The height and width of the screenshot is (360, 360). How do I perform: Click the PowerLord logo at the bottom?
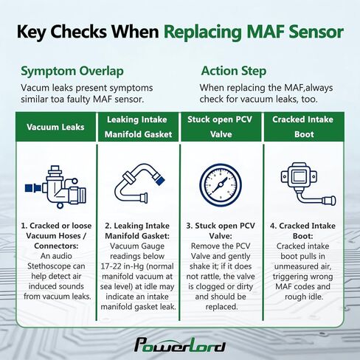pyautogui.click(x=180, y=345)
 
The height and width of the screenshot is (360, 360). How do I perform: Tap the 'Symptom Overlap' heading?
pyautogui.click(x=72, y=72)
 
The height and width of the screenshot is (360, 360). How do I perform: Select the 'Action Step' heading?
pyautogui.click(x=234, y=71)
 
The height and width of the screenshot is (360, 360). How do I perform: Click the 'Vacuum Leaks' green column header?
pyautogui.click(x=55, y=127)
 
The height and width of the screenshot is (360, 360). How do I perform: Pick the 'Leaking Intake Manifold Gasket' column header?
pyautogui.click(x=138, y=127)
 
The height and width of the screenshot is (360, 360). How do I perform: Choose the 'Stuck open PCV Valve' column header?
pyautogui.click(x=221, y=127)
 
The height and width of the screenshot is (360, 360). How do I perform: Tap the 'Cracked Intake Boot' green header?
pyautogui.click(x=304, y=127)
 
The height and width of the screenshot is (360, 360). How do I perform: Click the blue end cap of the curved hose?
pyautogui.click(x=159, y=179)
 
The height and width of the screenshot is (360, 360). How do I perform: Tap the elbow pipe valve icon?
pyautogui.click(x=55, y=187)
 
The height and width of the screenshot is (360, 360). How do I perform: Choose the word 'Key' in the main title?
pyautogui.click(x=31, y=32)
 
